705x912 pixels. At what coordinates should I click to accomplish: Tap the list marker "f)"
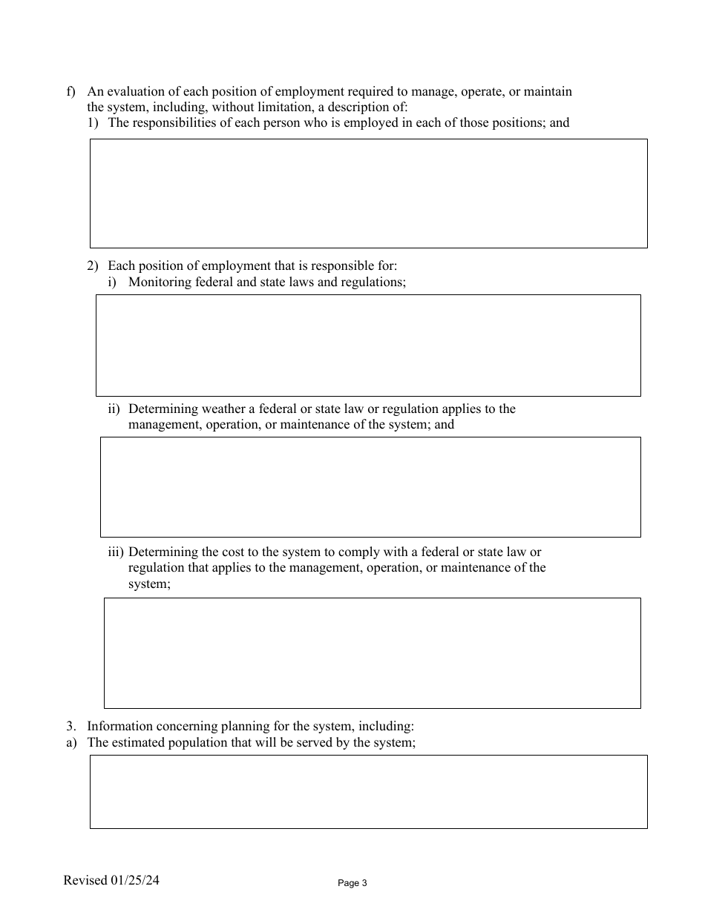[71, 92]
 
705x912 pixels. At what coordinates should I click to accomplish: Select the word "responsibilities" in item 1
[175, 122]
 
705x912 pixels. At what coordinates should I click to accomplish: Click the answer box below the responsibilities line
[368, 193]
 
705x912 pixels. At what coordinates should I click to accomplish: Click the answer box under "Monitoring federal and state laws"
[368, 345]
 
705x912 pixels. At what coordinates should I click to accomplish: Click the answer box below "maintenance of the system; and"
[370, 486]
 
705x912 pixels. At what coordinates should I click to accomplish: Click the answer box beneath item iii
[372, 652]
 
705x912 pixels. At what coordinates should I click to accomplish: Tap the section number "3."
[71, 727]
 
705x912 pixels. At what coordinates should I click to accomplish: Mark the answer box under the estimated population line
[368, 791]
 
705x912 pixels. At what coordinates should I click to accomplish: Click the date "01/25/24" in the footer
[135, 881]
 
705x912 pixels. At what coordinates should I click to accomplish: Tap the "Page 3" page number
[352, 883]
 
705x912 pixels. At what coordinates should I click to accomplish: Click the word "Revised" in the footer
[85, 881]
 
